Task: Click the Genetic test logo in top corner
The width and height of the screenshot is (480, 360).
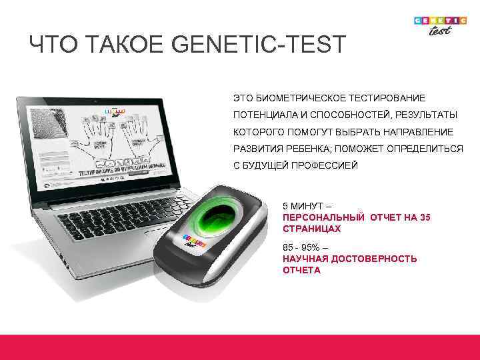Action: (440, 27)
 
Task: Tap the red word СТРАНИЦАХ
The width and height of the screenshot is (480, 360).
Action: (311, 229)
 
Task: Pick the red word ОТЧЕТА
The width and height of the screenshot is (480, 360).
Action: (301, 270)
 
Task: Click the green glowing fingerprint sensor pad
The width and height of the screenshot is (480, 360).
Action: (219, 217)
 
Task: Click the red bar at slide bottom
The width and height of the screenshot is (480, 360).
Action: (240, 347)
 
